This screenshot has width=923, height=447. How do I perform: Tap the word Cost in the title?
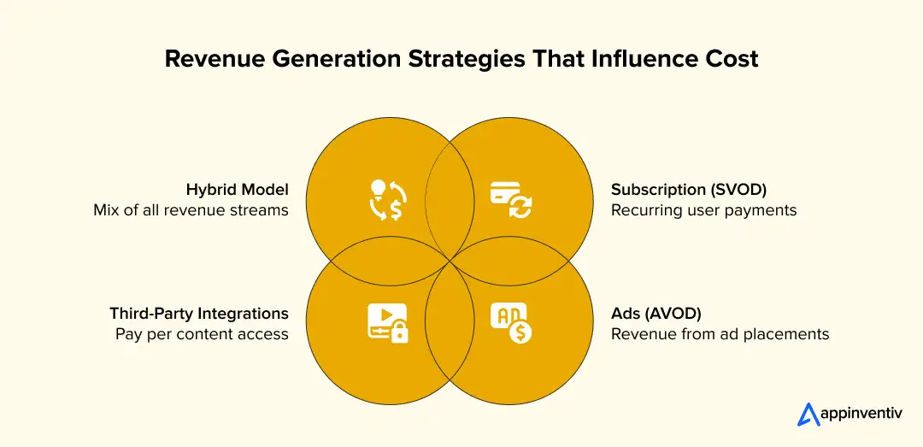tap(727, 59)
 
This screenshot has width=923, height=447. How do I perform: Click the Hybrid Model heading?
tap(237, 190)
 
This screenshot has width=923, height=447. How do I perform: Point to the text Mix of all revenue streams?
tap(191, 210)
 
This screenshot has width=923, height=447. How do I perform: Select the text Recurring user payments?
tap(703, 210)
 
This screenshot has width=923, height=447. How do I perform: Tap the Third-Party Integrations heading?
tap(198, 313)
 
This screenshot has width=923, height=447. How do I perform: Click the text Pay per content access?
tap(202, 333)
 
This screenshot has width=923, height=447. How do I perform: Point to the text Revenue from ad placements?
tap(720, 333)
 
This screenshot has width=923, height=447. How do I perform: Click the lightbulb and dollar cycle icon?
tap(386, 200)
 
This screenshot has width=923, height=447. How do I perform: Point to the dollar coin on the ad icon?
tap(519, 332)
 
